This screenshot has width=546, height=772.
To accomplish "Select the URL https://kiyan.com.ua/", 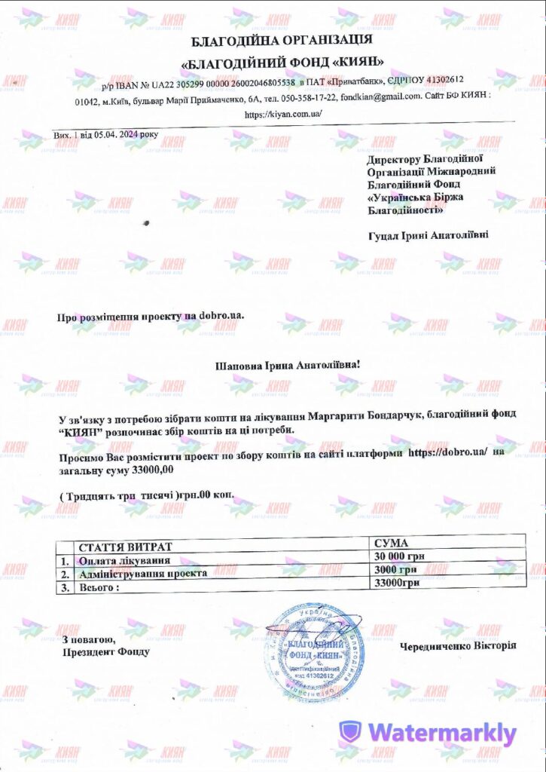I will [x=283, y=114].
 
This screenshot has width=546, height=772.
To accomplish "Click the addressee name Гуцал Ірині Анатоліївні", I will [x=427, y=236].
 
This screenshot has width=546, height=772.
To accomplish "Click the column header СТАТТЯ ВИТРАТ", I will [x=121, y=546].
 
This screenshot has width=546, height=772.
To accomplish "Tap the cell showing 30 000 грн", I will [x=400, y=556].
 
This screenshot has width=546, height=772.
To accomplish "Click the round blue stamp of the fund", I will [x=316, y=651].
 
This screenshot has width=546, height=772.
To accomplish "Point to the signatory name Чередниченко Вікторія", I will [x=457, y=646].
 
